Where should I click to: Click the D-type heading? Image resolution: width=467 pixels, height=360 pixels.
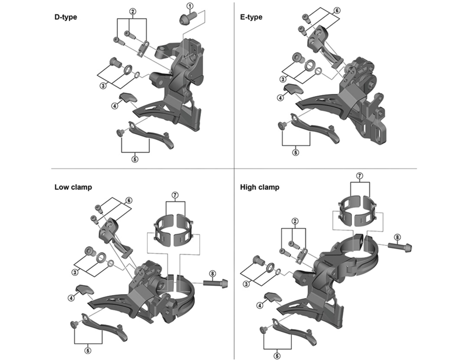tap(65, 17)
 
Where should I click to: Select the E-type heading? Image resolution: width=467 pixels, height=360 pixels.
tap(251, 17)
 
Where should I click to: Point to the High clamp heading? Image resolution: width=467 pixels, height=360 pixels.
tap(260, 187)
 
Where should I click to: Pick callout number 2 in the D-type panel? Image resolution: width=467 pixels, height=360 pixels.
tap(133, 11)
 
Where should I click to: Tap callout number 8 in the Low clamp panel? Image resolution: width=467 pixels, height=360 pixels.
tap(212, 272)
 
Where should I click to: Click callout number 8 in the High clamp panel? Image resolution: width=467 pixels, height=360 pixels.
tap(397, 236)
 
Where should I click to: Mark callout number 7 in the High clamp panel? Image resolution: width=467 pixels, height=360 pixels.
tap(360, 174)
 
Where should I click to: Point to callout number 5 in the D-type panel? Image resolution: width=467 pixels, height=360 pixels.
tap(135, 158)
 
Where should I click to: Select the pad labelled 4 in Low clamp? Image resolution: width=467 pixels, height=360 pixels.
tap(86, 289)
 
